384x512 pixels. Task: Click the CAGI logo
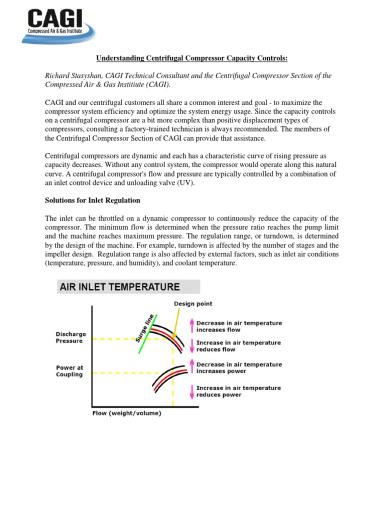click(x=57, y=25)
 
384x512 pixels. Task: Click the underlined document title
click(x=191, y=58)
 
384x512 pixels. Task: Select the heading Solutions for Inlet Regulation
click(x=92, y=200)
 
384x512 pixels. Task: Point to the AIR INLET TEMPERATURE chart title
click(x=119, y=287)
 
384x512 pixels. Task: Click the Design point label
click(x=192, y=303)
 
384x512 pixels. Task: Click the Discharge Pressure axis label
click(x=70, y=337)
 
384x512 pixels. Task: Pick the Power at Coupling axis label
click(x=69, y=371)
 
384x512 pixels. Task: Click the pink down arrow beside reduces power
click(x=190, y=391)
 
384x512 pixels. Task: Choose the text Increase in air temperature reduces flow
click(x=238, y=346)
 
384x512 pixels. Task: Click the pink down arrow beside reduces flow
click(x=190, y=346)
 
